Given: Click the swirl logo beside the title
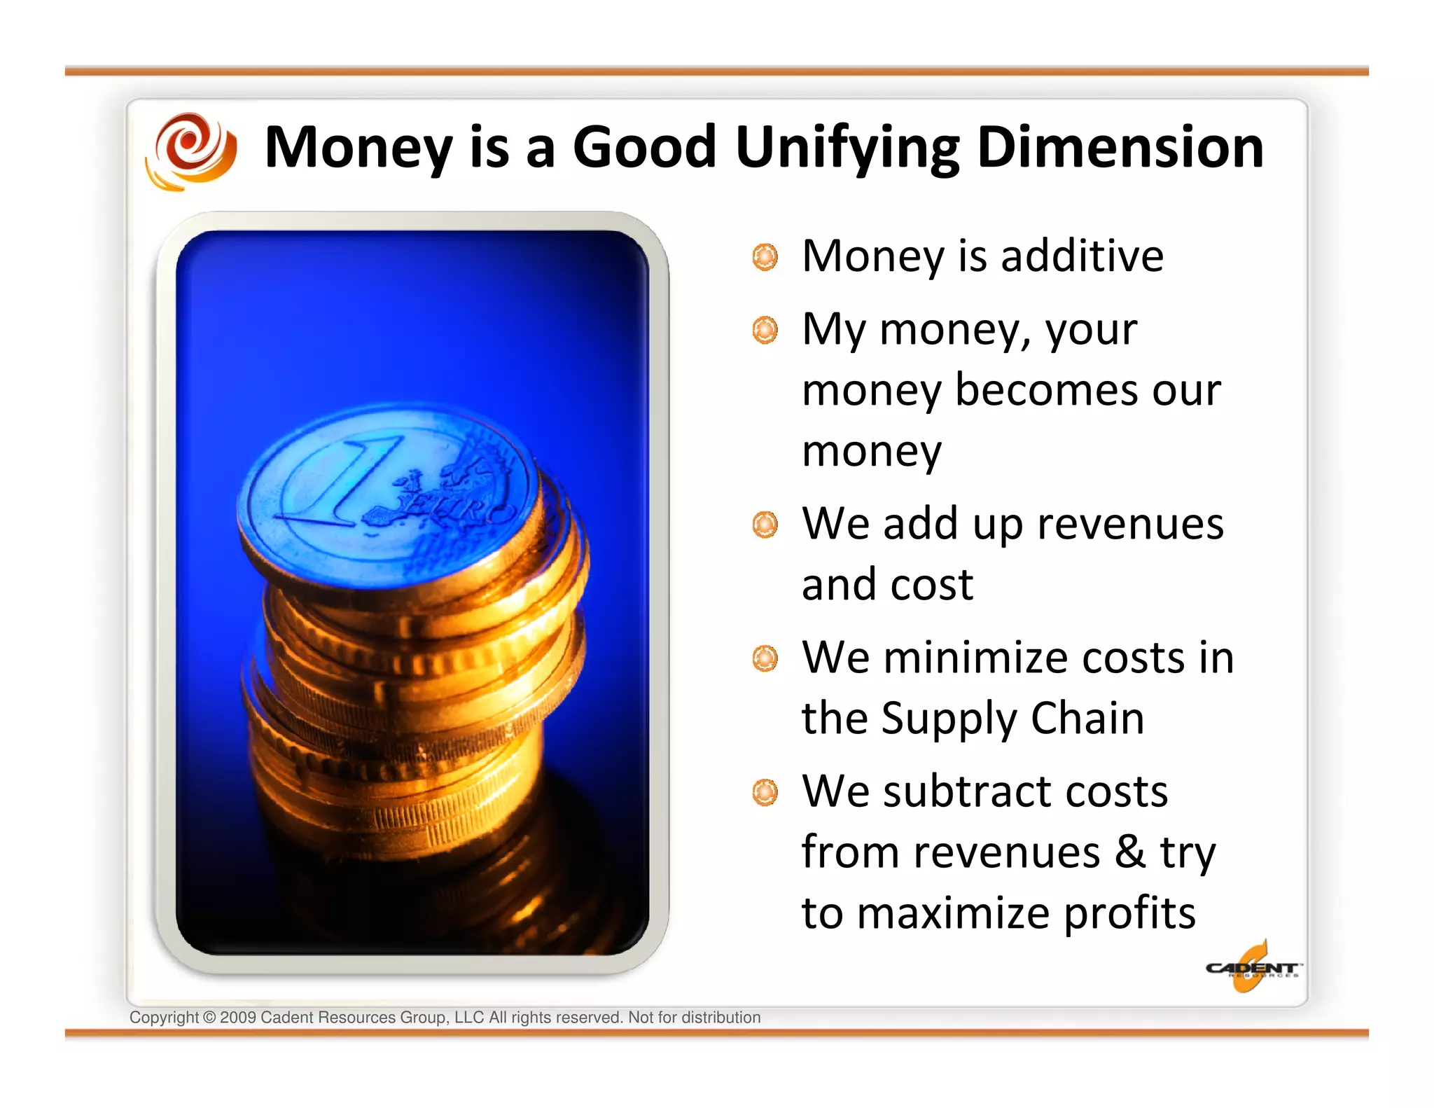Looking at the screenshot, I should pos(190,151).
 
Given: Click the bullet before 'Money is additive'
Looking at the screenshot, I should pos(765,257).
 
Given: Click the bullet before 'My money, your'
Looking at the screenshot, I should pos(765,330).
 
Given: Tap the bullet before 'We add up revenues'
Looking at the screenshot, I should pos(765,525).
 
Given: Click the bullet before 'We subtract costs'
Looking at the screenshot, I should pos(765,793).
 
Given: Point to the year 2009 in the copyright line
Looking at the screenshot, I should pos(237,1018).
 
